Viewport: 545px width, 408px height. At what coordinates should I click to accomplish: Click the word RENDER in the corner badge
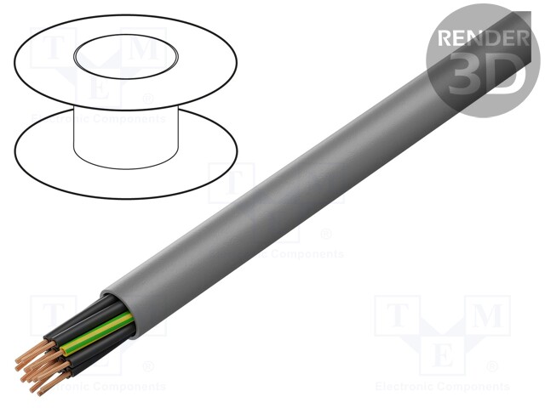coord(481,37)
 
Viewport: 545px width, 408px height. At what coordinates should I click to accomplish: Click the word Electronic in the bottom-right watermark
coord(405,387)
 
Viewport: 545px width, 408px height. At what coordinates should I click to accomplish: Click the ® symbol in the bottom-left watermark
coord(148,367)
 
